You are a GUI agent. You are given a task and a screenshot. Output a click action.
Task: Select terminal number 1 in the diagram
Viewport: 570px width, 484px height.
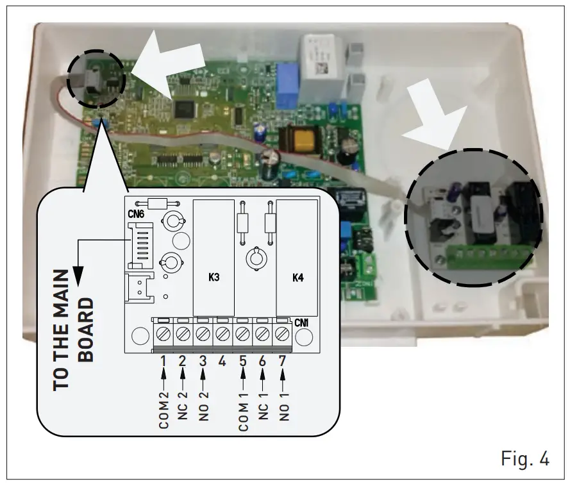(163, 361)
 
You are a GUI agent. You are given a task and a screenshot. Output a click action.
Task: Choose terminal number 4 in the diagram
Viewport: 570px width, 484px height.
(222, 361)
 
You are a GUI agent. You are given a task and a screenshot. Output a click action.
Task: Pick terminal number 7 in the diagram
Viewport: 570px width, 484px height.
(282, 361)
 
